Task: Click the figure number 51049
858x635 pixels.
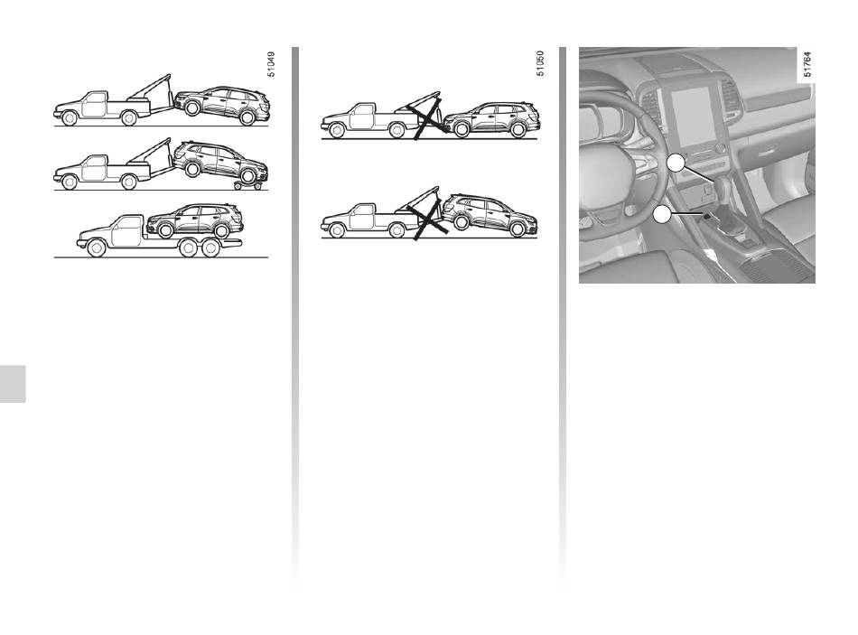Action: pos(272,64)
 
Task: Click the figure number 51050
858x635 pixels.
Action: pos(540,63)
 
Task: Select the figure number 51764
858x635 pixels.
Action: pos(807,64)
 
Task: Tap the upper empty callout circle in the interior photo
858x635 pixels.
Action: pos(676,163)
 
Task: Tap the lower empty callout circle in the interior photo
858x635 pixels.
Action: pos(662,214)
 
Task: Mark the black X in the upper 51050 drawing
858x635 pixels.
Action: pos(427,116)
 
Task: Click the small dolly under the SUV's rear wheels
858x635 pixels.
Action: pos(247,185)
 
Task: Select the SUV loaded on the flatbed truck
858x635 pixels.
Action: pos(195,220)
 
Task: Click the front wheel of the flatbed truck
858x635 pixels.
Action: pos(97,248)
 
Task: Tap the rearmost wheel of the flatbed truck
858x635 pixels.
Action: pos(210,248)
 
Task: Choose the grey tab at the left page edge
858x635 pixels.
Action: pos(13,383)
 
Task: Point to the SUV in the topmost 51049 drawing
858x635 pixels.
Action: pos(222,105)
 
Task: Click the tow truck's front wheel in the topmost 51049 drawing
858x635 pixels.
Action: pos(70,117)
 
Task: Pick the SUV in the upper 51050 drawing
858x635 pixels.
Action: pos(490,119)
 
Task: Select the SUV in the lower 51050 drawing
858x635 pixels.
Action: pos(490,215)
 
